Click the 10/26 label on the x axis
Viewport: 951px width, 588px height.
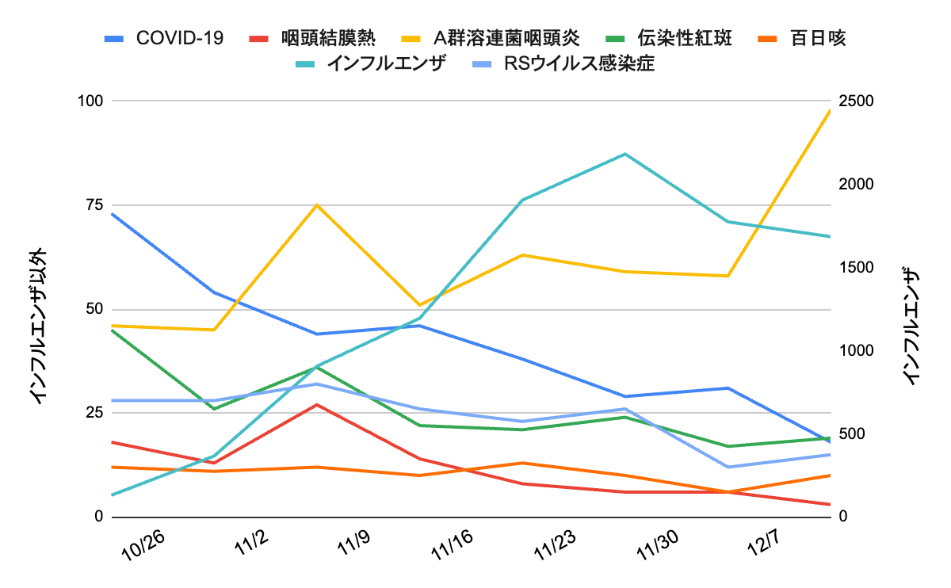coord(143,546)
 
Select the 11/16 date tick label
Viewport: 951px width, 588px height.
coord(453,546)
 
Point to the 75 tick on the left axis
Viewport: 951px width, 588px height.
coord(93,204)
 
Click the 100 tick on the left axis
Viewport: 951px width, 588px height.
coord(90,101)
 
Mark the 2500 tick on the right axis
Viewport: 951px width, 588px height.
coord(856,101)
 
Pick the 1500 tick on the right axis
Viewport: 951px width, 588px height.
coord(856,267)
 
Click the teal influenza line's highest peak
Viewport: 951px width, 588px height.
coord(625,154)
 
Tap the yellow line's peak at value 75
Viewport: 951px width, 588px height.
coord(317,205)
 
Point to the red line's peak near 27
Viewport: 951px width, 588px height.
coord(317,405)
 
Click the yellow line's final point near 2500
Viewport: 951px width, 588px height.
coord(830,111)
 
